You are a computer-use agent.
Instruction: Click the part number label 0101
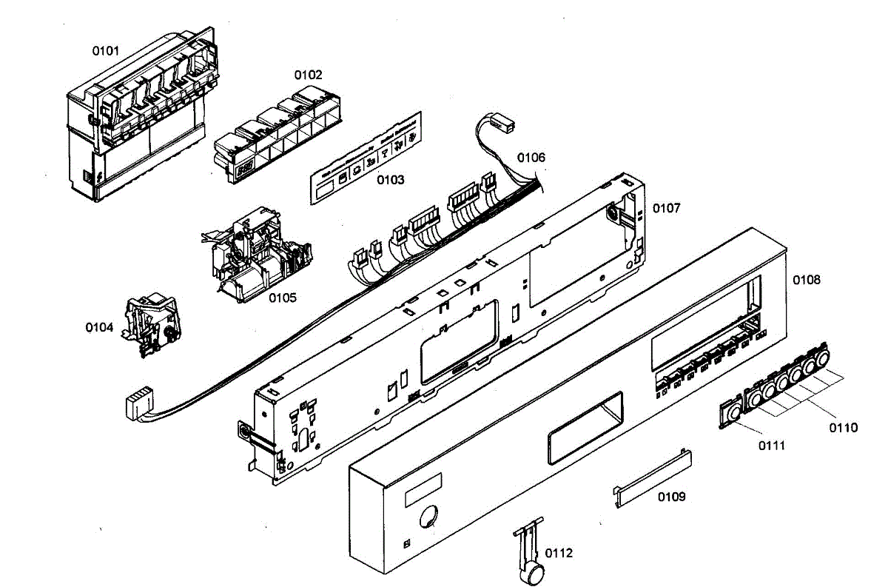pos(105,51)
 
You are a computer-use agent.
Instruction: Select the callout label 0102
pos(309,75)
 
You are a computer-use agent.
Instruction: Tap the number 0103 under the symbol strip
pos(391,180)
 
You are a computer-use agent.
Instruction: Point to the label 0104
pos(99,327)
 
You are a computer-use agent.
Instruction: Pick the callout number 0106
pos(531,158)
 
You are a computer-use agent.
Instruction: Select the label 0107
pos(666,209)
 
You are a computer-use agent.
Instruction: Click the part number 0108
pos(807,280)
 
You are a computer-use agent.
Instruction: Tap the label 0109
pos(671,497)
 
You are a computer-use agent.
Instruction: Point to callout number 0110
pos(844,428)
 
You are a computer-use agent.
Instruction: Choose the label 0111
pos(771,446)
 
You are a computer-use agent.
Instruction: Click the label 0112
pos(559,553)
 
